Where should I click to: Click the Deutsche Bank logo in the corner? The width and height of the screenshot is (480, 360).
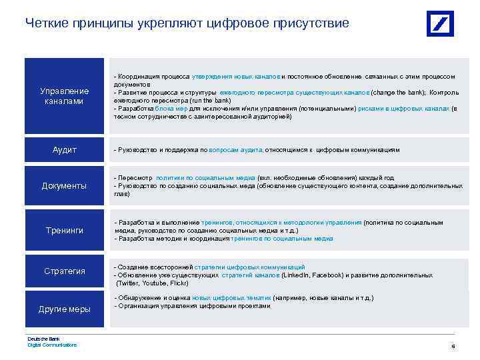pyautogui.click(x=440, y=23)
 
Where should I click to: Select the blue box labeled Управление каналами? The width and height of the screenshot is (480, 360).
pyautogui.click(x=64, y=95)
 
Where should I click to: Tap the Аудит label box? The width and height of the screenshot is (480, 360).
pyautogui.click(x=64, y=150)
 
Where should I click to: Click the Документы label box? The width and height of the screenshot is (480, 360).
pyautogui.click(x=64, y=186)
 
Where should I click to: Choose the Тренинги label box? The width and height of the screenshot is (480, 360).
pyautogui.click(x=64, y=230)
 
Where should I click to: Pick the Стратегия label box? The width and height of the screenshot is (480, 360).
pyautogui.click(x=64, y=271)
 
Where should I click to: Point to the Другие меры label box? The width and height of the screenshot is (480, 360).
pyautogui.click(x=64, y=309)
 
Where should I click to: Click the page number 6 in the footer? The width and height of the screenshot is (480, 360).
pyautogui.click(x=453, y=347)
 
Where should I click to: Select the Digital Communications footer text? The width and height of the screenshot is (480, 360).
pyautogui.click(x=52, y=345)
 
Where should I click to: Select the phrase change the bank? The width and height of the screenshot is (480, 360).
pyautogui.click(x=399, y=93)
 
